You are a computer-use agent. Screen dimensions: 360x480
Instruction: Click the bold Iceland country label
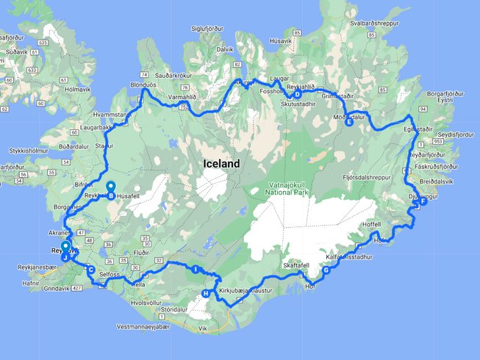(x=221, y=165)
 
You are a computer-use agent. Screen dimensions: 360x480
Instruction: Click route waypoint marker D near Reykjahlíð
(x=298, y=94)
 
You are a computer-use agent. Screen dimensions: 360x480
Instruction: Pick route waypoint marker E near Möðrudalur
(x=349, y=123)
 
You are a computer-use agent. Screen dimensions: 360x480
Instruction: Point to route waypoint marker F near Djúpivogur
(x=423, y=202)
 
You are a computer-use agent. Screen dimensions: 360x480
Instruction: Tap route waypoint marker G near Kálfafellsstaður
(x=326, y=270)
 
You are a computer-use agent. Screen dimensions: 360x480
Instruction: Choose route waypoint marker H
(x=205, y=294)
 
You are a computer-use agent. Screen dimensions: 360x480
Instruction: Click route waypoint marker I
(x=195, y=270)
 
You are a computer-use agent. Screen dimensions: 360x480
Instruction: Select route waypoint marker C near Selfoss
(x=90, y=270)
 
